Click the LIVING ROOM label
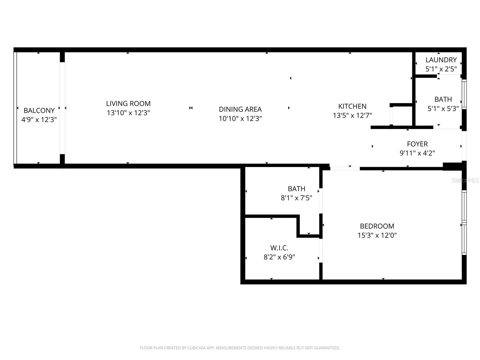[128, 103]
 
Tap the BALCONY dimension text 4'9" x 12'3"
[39, 120]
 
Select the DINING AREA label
[240, 109]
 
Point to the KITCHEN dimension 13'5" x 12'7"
[352, 115]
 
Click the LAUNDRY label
[441, 60]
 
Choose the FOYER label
[417, 144]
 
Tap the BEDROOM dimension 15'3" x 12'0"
[377, 235]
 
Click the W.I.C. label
[279, 248]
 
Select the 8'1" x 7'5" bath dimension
[296, 198]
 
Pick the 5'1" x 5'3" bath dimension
[443, 109]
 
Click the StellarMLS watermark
[465, 180]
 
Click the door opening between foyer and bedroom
[345, 169]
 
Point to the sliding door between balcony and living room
[62, 108]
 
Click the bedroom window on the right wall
[464, 223]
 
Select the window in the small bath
[464, 94]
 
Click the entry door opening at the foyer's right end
[464, 146]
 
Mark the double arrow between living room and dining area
[191, 108]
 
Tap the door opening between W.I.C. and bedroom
[321, 250]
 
